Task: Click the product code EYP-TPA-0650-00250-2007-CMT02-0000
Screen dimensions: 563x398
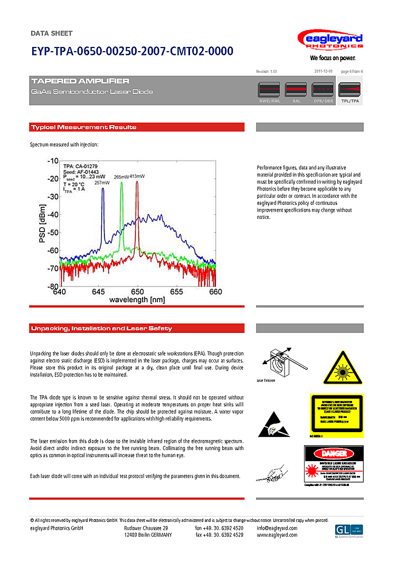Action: coord(132,51)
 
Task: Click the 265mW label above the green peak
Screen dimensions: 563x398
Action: coord(121,177)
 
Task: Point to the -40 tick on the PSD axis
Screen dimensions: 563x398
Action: coord(53,215)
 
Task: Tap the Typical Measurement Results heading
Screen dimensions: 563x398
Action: coord(84,127)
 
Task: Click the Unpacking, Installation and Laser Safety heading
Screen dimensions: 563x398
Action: coord(101,328)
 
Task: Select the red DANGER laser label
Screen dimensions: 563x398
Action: coord(334,464)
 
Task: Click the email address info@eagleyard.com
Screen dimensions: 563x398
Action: coord(277,528)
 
